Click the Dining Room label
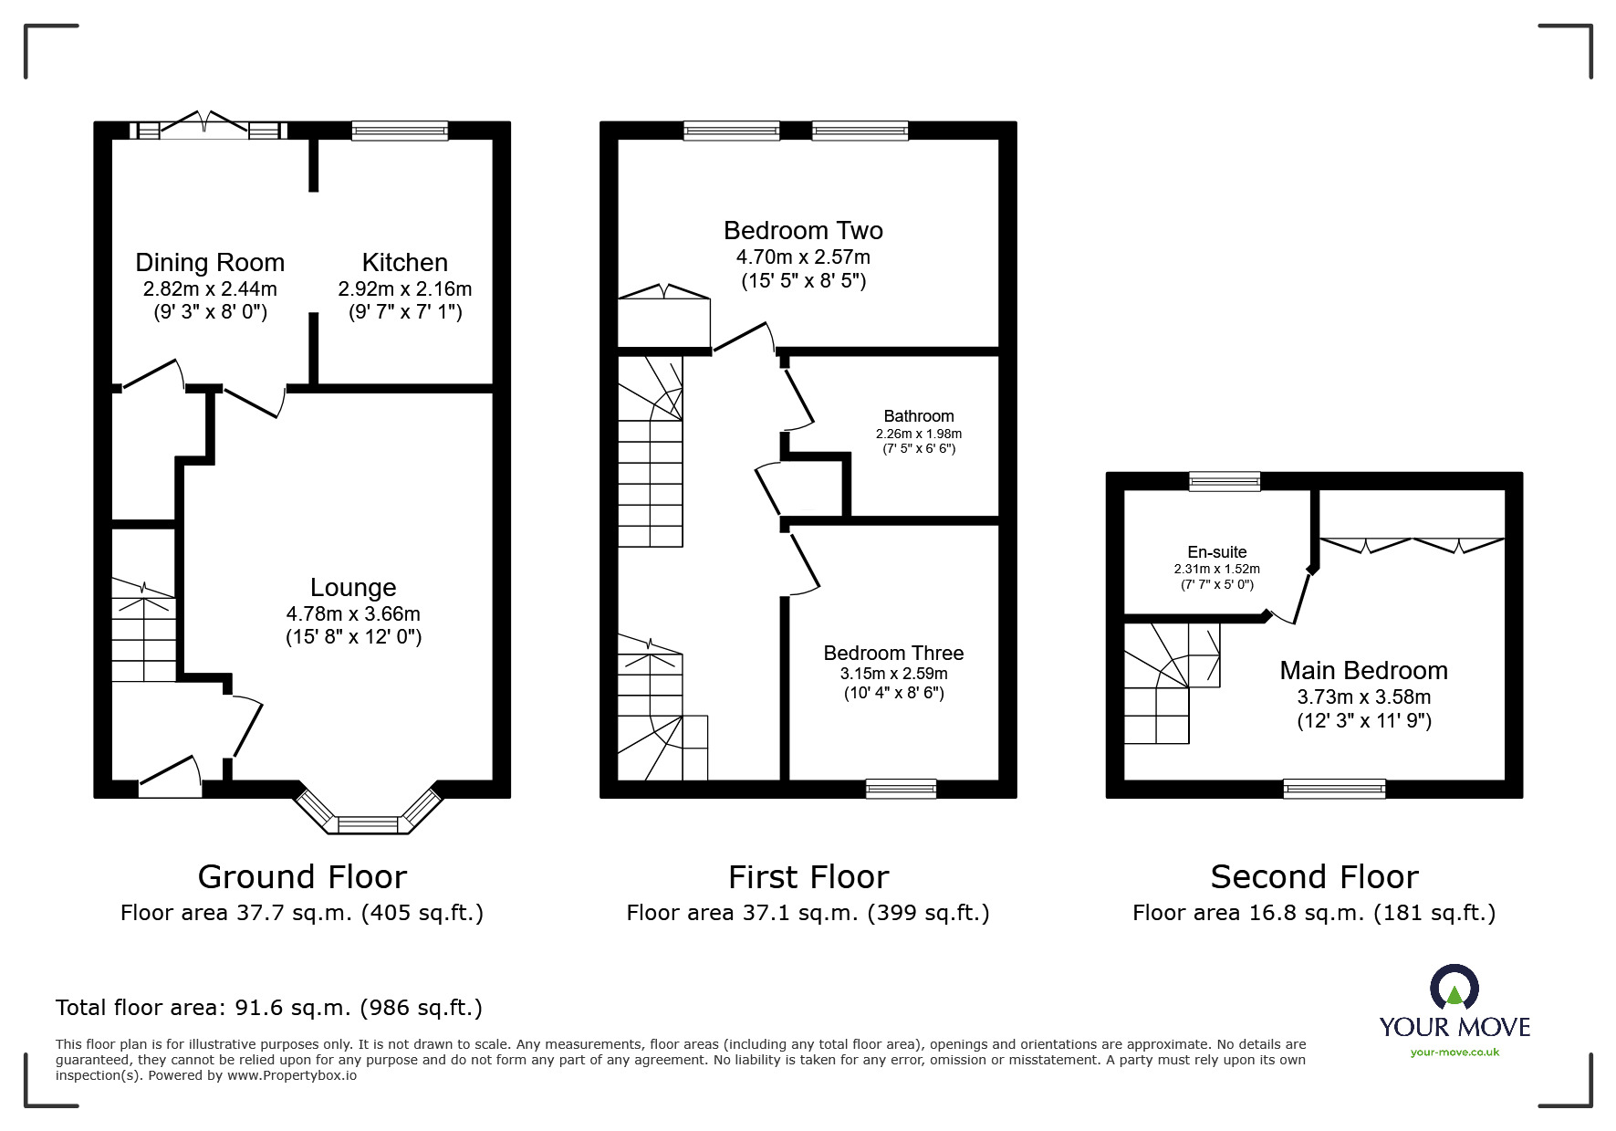210,263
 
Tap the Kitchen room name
405,263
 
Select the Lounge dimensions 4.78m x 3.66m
353,613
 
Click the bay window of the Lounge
369,811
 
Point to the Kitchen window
401,131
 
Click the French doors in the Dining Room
210,125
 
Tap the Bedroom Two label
803,231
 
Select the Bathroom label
919,416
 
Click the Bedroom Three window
901,789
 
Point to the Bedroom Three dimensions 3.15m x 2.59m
894,674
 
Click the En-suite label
1217,552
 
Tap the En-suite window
1225,481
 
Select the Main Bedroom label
1364,671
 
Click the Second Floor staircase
1172,683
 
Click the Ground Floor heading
302,877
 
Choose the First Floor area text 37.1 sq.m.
808,913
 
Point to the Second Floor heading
1314,877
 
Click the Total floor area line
269,1008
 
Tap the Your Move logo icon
1454,988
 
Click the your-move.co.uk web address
1454,1052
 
